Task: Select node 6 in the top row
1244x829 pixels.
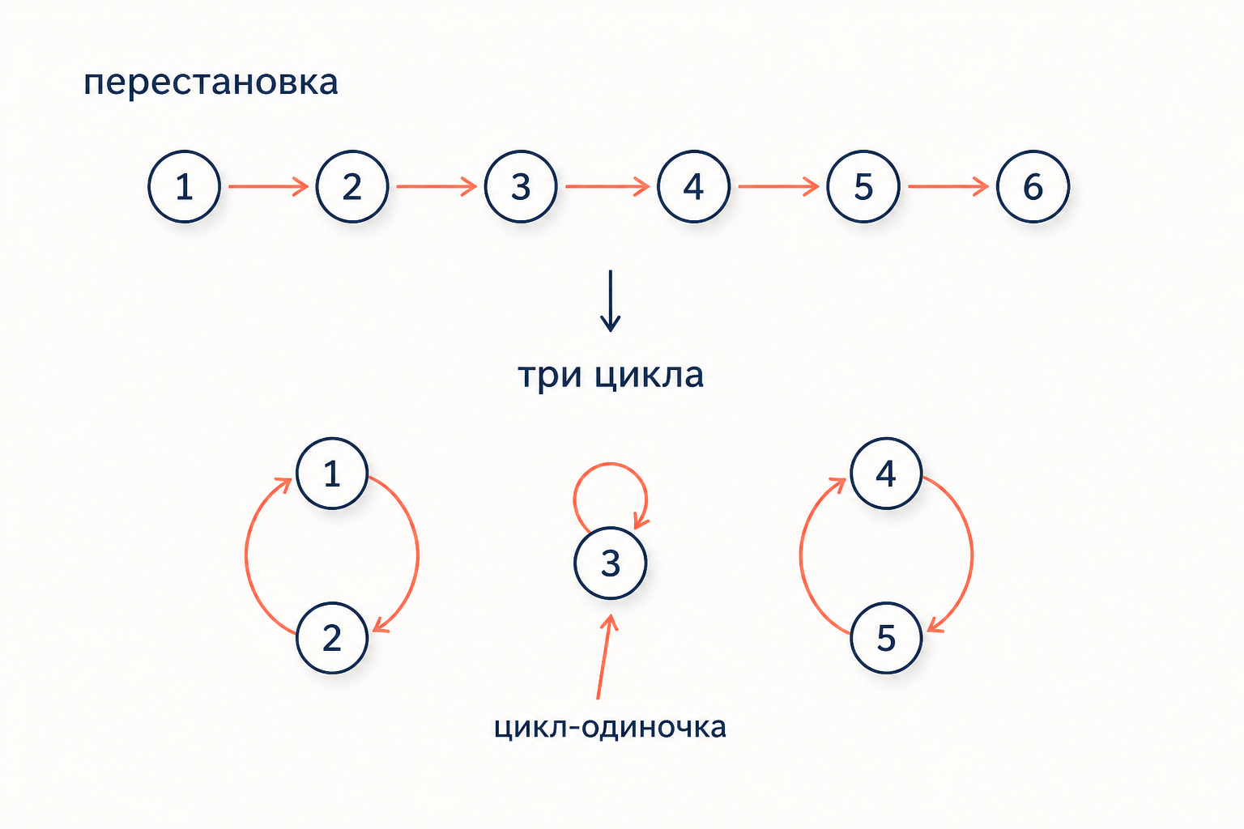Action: pos(1033,186)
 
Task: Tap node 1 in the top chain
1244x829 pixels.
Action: pos(185,186)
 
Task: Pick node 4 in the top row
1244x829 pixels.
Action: pos(693,186)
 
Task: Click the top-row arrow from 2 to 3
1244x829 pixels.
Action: pos(437,186)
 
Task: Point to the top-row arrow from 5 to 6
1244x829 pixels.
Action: pos(948,186)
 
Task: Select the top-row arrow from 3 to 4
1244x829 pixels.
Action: pos(607,186)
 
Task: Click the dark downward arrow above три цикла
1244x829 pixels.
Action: pos(611,301)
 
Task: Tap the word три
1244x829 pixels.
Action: pos(550,376)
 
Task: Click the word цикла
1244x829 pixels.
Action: pos(649,376)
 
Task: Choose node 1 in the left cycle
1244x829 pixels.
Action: pos(332,474)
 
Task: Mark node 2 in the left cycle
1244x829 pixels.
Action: pos(332,638)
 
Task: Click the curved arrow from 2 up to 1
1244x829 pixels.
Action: pos(246,555)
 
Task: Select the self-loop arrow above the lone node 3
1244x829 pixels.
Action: pos(611,464)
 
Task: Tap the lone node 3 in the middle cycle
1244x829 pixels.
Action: pos(611,563)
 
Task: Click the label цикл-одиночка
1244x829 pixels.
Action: pos(610,727)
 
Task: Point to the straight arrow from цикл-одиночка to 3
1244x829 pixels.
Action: pos(604,657)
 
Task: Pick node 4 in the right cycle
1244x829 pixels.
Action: pos(886,474)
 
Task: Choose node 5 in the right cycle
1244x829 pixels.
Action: pos(886,638)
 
